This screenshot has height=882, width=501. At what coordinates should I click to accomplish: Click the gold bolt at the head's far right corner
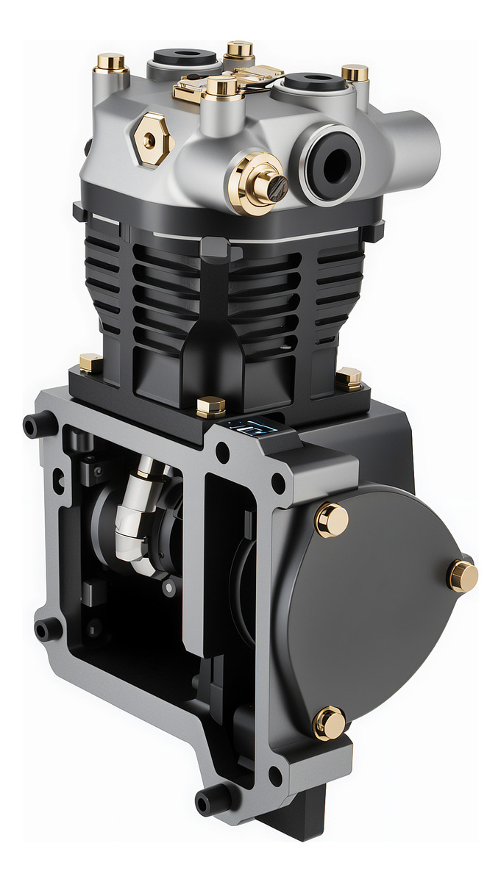coord(355,73)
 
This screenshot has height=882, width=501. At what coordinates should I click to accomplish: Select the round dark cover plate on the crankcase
coord(368,610)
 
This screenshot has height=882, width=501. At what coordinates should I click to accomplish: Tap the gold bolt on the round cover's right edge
coord(463,576)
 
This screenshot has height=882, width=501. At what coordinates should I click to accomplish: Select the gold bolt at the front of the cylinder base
coord(211,406)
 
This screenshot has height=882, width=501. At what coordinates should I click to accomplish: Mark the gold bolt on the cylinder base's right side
coord(349,379)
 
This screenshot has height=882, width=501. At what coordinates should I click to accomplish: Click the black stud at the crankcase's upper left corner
coord(40,425)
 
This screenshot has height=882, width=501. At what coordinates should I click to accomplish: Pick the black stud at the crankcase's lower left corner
coord(46,629)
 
